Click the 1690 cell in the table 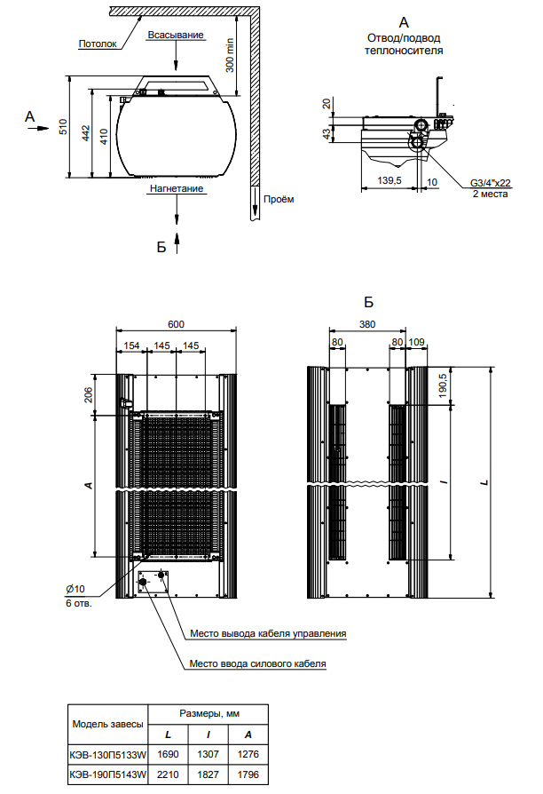[x=167, y=754]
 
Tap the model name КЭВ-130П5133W [x=107, y=754]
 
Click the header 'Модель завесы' [x=107, y=724]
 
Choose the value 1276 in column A [x=248, y=754]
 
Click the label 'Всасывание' [x=177, y=35]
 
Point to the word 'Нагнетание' [x=177, y=188]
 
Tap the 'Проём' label [x=278, y=199]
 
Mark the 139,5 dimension [x=390, y=180]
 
